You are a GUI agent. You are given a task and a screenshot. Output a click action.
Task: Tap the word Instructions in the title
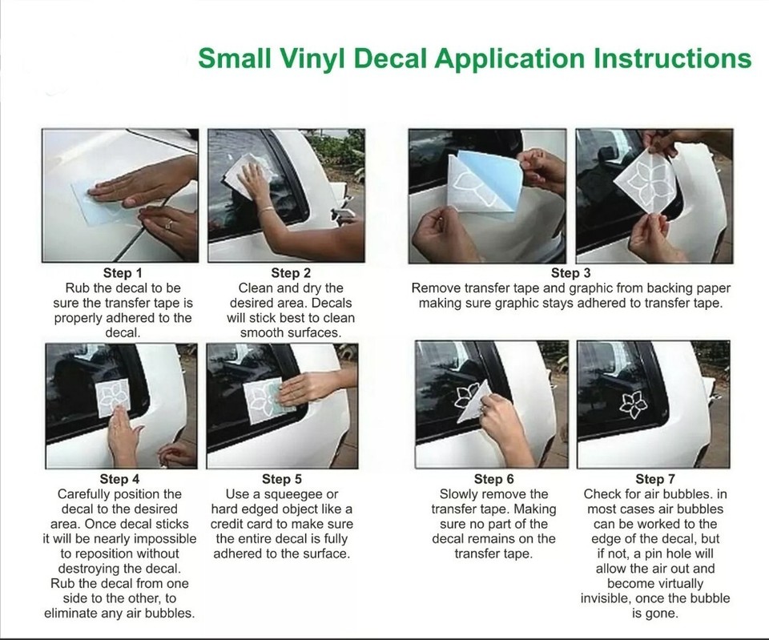[672, 58]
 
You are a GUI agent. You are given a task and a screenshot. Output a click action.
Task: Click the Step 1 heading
[122, 273]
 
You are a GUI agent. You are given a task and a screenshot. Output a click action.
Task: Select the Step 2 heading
[291, 273]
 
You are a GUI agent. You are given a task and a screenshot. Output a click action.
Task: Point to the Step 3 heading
[571, 273]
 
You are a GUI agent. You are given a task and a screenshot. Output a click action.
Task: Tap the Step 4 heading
[119, 479]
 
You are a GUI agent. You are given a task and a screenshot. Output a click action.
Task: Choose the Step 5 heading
[282, 479]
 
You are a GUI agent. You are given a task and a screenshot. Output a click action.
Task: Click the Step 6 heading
[493, 479]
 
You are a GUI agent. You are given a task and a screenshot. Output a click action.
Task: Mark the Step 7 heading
[655, 479]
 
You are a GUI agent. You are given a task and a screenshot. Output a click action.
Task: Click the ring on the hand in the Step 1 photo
[169, 224]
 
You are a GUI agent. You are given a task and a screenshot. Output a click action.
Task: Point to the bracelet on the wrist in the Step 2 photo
[267, 209]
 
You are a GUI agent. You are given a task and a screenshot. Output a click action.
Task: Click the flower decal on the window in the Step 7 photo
[634, 405]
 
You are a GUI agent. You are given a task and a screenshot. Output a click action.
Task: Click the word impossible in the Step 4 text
[166, 539]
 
